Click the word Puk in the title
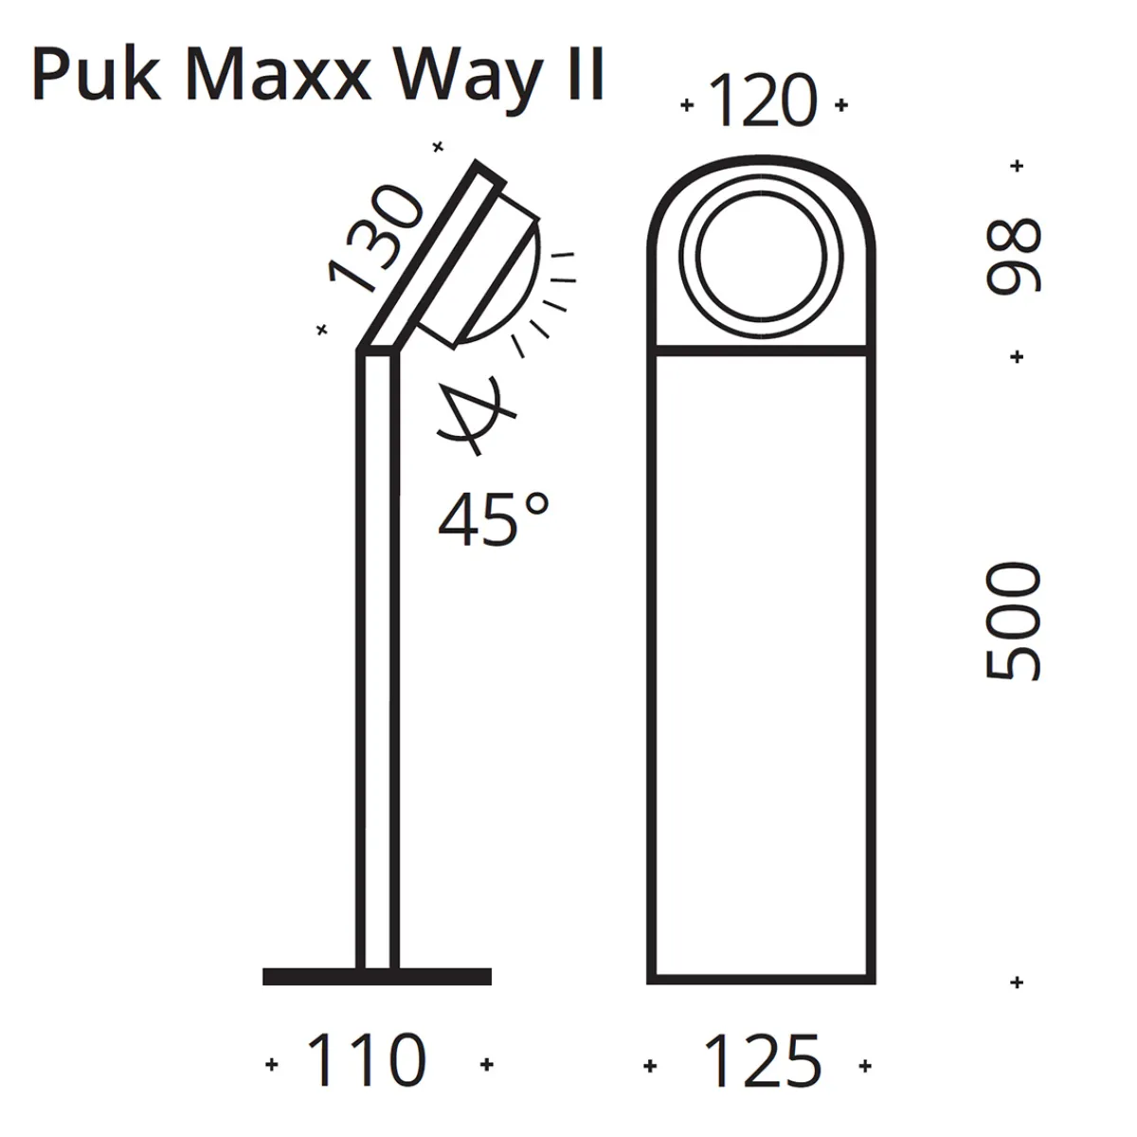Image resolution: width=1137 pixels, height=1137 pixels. click(96, 76)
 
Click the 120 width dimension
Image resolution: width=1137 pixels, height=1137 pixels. click(762, 103)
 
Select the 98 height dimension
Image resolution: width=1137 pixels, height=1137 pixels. click(1014, 257)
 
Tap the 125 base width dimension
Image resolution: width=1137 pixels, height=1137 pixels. click(762, 1062)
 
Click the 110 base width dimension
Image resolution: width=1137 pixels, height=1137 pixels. click(368, 1062)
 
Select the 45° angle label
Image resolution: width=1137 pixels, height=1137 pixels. click(493, 519)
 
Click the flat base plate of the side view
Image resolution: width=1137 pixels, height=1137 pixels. click(377, 977)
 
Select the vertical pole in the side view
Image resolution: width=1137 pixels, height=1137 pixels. click(377, 663)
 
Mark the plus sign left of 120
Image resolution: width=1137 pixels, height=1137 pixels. click(687, 105)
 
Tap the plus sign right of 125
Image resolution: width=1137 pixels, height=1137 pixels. click(864, 1066)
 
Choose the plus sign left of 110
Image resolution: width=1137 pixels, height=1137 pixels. click(273, 1064)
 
